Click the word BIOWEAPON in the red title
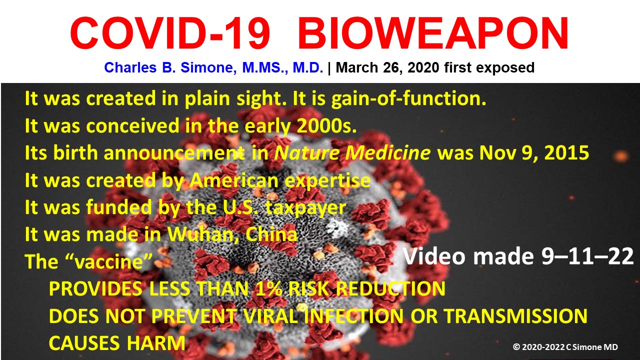pyautogui.click(x=433, y=33)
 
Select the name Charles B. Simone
pyautogui.click(x=170, y=67)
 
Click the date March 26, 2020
pyautogui.click(x=387, y=67)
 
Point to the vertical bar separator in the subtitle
pyautogui.click(x=329, y=68)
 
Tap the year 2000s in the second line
pyautogui.click(x=327, y=125)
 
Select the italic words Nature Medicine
pyautogui.click(x=352, y=153)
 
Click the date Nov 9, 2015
pyautogui.click(x=534, y=153)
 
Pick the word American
pyautogui.click(x=234, y=180)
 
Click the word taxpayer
pyautogui.click(x=305, y=208)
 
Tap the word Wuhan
pyautogui.click(x=203, y=235)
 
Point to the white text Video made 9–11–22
pyautogui.click(x=518, y=256)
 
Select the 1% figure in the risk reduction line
pyautogui.click(x=268, y=288)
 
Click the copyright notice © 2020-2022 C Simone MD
pyautogui.click(x=565, y=347)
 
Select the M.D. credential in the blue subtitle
pyautogui.click(x=307, y=67)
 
